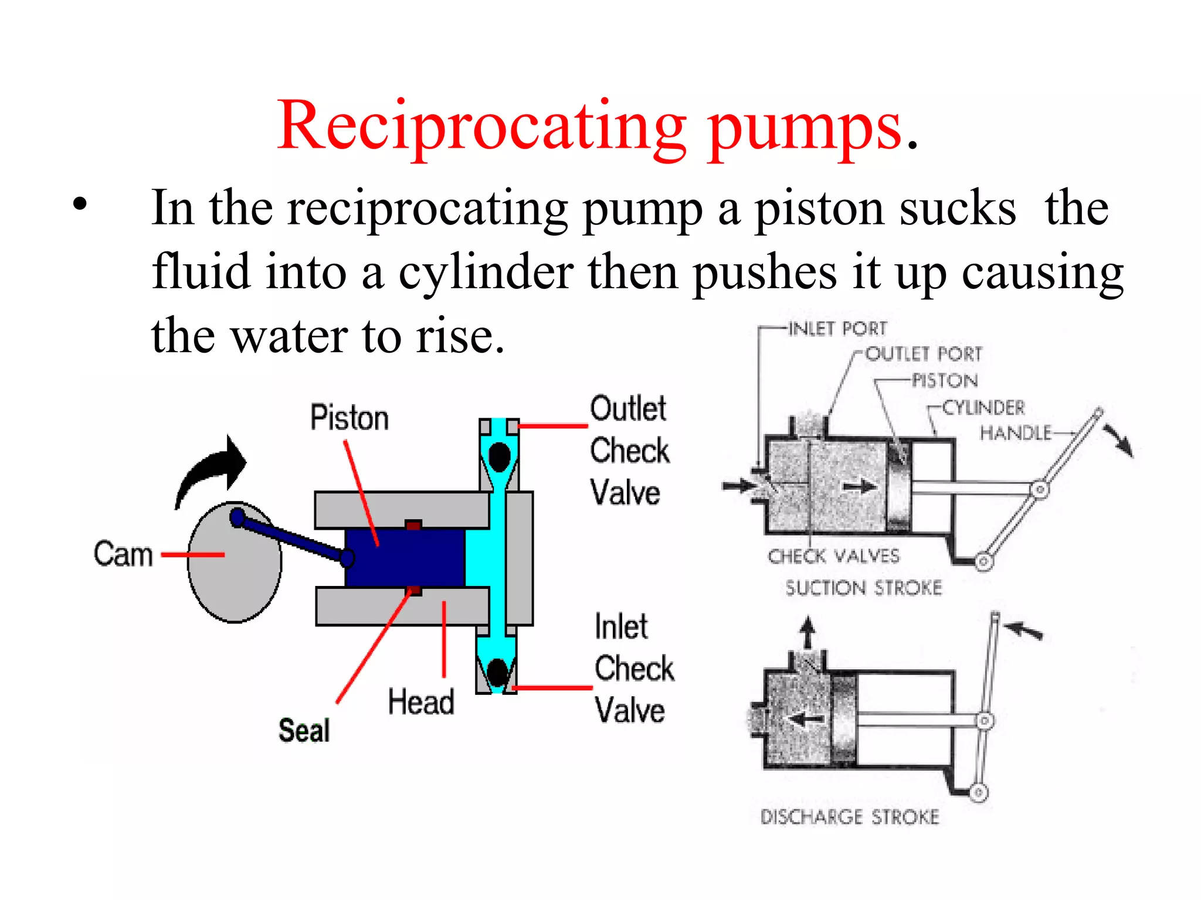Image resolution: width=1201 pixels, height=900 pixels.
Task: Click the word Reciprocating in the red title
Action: (x=481, y=126)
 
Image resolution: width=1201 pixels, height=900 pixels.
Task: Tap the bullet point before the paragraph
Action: (x=80, y=204)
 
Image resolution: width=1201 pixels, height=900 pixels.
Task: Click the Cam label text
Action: (x=123, y=554)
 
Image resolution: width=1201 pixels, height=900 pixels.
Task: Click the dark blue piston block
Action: (x=405, y=557)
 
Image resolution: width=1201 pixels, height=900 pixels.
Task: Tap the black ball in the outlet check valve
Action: (x=500, y=457)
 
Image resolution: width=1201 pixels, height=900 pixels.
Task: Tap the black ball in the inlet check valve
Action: (x=498, y=673)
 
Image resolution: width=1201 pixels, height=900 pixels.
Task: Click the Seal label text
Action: (x=304, y=730)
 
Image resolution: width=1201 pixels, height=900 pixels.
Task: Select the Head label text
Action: (x=420, y=701)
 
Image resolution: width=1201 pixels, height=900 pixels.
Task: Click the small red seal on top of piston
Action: (x=413, y=524)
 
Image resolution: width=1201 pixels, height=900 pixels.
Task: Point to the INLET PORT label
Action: (x=837, y=329)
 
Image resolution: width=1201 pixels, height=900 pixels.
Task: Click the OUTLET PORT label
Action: (x=923, y=354)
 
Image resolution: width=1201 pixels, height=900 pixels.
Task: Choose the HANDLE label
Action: (x=1016, y=433)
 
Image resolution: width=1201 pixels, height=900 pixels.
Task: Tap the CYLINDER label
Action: (x=983, y=407)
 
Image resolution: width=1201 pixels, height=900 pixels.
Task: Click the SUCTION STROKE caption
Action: (x=863, y=588)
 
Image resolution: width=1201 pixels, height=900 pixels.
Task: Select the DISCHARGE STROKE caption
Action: (x=849, y=816)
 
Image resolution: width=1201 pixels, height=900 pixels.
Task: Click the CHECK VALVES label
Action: (x=833, y=556)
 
